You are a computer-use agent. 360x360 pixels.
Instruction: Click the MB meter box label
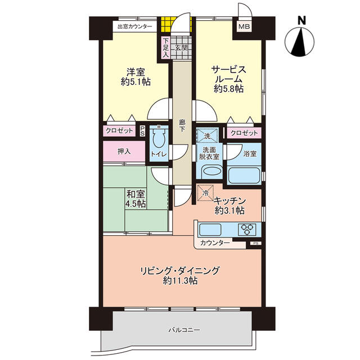pyautogui.click(x=244, y=26)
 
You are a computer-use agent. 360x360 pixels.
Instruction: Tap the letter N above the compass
pyautogui.click(x=301, y=21)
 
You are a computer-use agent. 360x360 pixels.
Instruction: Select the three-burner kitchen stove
pyautogui.click(x=247, y=229)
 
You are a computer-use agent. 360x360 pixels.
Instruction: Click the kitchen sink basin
pyautogui.click(x=210, y=229)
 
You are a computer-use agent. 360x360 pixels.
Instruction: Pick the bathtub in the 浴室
pyautogui.click(x=244, y=175)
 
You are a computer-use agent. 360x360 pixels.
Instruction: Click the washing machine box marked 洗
pyautogui.click(x=207, y=136)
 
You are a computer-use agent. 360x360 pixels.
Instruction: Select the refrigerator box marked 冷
pyautogui.click(x=205, y=192)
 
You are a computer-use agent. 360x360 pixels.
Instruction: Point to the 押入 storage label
pyautogui.click(x=124, y=151)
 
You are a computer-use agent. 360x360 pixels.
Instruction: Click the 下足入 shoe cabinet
pyautogui.click(x=166, y=47)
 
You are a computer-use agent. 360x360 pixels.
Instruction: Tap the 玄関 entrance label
pyautogui.click(x=182, y=48)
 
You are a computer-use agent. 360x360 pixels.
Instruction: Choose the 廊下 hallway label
pyautogui.click(x=182, y=125)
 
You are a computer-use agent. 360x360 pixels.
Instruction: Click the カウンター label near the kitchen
pyautogui.click(x=215, y=242)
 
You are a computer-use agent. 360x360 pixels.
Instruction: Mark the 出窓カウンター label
pyautogui.click(x=135, y=26)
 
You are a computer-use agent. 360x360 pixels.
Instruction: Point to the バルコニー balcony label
pyautogui.click(x=184, y=330)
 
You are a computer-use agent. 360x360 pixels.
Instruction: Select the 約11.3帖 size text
pyautogui.click(x=180, y=280)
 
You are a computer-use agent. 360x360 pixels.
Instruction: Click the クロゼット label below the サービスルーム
pyautogui.click(x=244, y=133)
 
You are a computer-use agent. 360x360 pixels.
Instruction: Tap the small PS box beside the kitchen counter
pyautogui.click(x=255, y=244)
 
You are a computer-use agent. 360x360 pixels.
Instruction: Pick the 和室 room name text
pyautogui.click(x=136, y=194)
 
